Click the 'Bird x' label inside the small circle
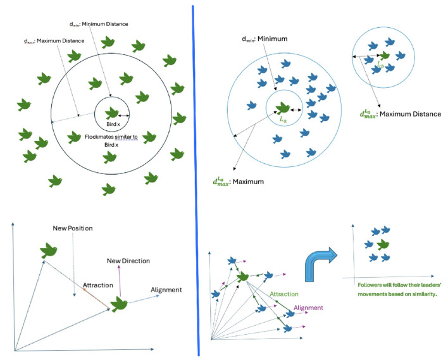(x=113, y=124)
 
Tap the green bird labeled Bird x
(x=111, y=113)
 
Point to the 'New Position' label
(x=73, y=228)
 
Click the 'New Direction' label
(x=128, y=261)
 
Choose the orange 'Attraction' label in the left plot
(x=98, y=285)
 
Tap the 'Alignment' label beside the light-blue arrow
(x=166, y=290)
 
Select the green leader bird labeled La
(x=283, y=108)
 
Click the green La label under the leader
(x=283, y=120)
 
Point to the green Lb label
(x=380, y=65)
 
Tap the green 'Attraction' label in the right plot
(x=284, y=294)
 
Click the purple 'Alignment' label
(x=308, y=307)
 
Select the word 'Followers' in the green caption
(x=369, y=285)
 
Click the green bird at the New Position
(x=49, y=251)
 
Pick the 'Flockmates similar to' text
(x=111, y=137)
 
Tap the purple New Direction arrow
(x=120, y=281)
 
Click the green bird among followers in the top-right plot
(x=383, y=245)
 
